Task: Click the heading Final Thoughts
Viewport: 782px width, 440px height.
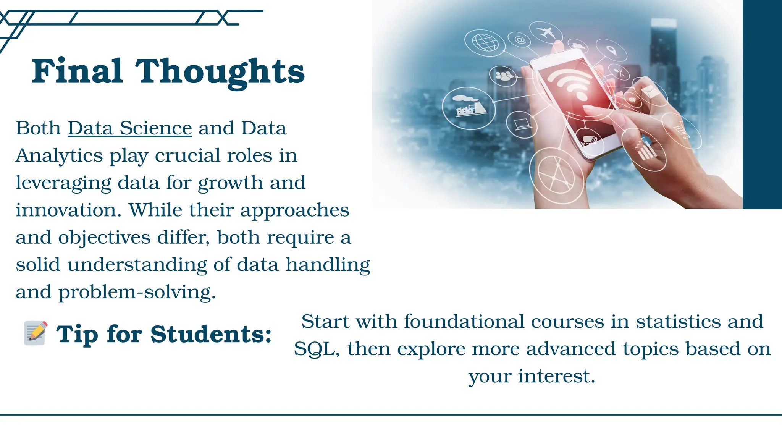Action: [x=168, y=71]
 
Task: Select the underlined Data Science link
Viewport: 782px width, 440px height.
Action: [x=130, y=128]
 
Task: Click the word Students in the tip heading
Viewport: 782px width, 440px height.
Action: [x=211, y=335]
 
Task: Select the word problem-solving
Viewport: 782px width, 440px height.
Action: [x=137, y=292]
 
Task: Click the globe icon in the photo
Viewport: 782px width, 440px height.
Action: [x=485, y=42]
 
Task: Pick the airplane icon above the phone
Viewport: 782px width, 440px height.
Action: [x=546, y=32]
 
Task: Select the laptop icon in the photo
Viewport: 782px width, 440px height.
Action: [x=522, y=124]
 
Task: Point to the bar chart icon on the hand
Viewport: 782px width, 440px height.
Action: [x=645, y=150]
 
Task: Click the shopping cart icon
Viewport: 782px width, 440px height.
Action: [x=681, y=129]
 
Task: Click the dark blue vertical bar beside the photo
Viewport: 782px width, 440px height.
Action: [x=762, y=104]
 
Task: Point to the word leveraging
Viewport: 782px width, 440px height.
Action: [x=63, y=183]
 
